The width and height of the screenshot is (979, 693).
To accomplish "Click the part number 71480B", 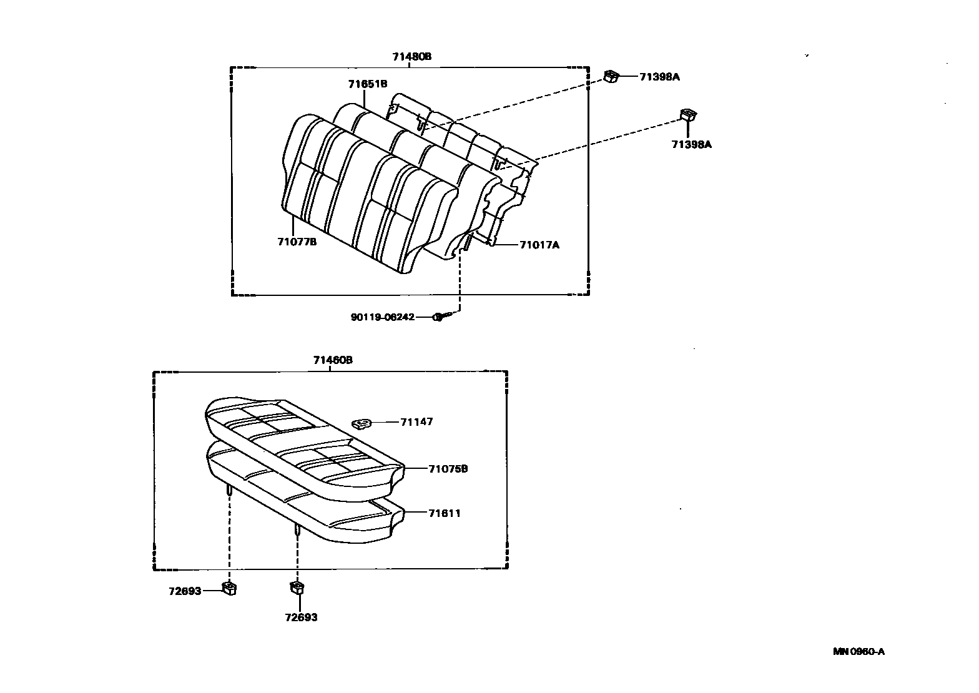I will coord(411,57).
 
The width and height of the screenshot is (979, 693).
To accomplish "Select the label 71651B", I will coord(368,84).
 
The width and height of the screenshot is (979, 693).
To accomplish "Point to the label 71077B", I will coord(297,242).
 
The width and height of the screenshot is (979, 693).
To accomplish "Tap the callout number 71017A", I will coord(539,245).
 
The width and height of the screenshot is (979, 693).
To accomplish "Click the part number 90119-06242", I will coord(382,317).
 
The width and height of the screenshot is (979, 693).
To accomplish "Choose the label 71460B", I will coord(333,360).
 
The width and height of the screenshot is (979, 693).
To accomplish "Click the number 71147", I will coord(416,422).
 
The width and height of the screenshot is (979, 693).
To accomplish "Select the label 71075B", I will coord(448,469).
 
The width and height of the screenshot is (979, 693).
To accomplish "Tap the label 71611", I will coord(445,513).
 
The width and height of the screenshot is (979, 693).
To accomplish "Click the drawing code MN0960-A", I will coord(858,652).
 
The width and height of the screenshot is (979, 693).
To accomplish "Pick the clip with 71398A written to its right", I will coord(611,76).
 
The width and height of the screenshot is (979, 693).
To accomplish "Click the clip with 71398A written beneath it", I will coord(688,115).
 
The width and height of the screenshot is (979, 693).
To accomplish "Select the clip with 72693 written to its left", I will coord(229,588).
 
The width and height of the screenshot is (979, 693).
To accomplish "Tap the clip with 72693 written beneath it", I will coord(298,587).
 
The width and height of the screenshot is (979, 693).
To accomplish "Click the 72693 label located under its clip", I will coord(301,617).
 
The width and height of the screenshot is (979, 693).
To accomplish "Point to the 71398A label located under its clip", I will coord(691,144).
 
